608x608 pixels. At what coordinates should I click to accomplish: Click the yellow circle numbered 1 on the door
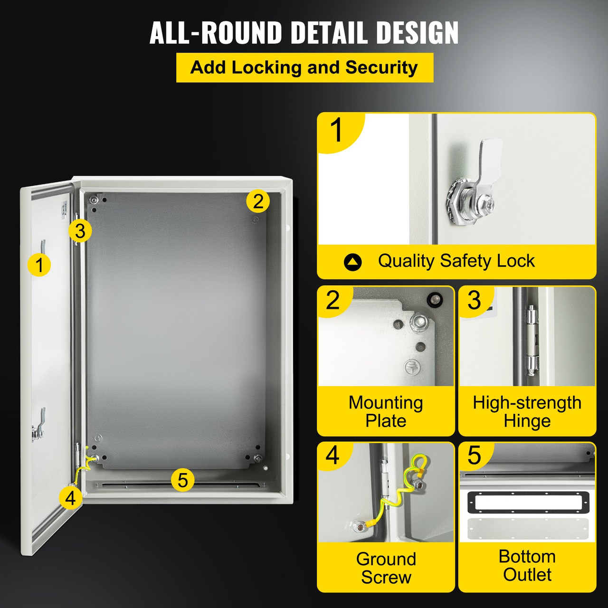click(39, 265)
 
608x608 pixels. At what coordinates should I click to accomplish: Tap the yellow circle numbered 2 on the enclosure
click(258, 201)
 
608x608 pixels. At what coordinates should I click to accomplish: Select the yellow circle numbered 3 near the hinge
click(80, 231)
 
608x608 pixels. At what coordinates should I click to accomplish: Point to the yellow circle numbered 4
click(71, 498)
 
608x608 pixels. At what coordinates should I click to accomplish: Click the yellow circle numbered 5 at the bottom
click(183, 480)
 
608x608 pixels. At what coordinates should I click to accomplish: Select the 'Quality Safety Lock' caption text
click(456, 261)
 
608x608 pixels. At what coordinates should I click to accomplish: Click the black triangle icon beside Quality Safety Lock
click(352, 262)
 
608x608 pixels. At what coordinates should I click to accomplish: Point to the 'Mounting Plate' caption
click(385, 411)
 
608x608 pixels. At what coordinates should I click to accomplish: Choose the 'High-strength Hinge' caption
click(527, 411)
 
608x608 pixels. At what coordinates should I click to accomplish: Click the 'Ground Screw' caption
click(386, 568)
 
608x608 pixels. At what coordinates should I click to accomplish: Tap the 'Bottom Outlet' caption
click(527, 565)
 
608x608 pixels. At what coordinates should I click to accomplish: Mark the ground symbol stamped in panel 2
click(412, 367)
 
